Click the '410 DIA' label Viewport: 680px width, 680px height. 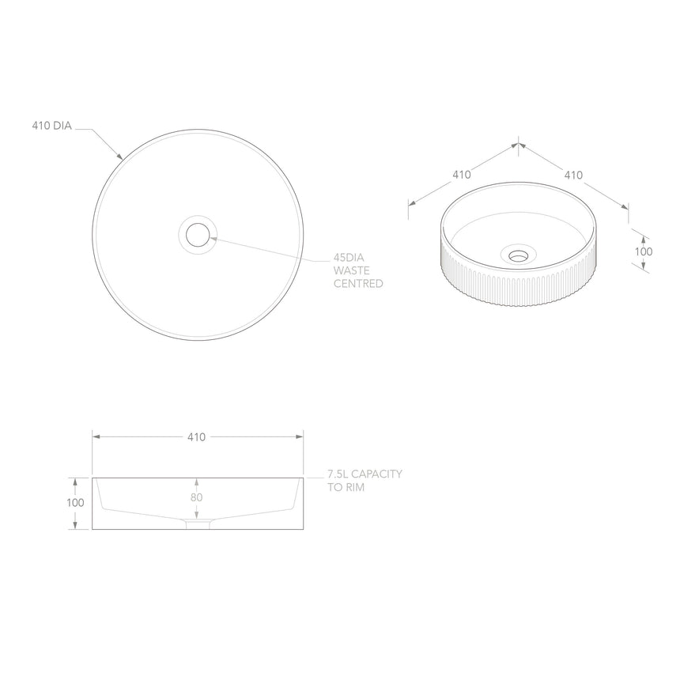[51, 126]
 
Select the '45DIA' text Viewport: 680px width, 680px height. [349, 258]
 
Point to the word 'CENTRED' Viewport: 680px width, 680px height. [358, 283]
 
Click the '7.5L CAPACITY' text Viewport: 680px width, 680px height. [365, 474]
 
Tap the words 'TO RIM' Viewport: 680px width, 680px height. [346, 488]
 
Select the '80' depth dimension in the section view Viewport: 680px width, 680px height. [197, 497]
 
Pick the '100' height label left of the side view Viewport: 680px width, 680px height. [75, 503]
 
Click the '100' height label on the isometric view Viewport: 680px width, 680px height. [644, 251]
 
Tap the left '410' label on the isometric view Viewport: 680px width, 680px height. [462, 175]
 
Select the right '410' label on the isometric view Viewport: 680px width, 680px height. [573, 175]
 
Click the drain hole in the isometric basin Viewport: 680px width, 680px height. [518, 255]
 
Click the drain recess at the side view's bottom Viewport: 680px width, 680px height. [198, 524]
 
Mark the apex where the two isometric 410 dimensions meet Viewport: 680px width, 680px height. [518, 144]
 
